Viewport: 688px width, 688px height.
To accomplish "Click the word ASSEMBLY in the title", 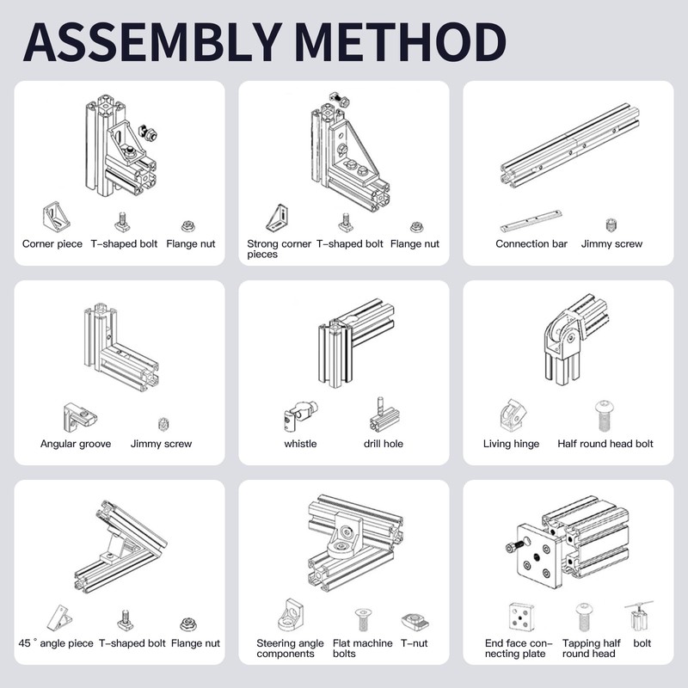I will tap(146, 40).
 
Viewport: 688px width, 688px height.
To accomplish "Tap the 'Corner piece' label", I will tap(52, 244).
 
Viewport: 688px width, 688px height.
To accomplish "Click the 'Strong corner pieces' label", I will tap(279, 249).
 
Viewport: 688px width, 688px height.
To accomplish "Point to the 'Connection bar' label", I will tap(531, 244).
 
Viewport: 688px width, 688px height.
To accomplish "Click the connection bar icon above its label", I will tap(531, 225).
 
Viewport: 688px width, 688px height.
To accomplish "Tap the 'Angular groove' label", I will tap(76, 445).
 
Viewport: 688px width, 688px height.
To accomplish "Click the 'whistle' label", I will tap(300, 445).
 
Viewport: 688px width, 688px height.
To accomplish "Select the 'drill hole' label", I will tap(383, 445).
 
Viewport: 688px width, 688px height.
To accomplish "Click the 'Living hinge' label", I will tap(512, 445).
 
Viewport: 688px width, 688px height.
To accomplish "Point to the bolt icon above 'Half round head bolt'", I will tap(605, 416).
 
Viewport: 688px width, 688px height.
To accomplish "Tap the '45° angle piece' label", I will tap(56, 643).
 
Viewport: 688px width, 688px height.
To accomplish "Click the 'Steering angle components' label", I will tap(291, 648).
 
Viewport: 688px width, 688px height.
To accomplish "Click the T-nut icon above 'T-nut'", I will tap(414, 618).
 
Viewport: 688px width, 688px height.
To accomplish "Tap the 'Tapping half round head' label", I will tap(591, 648).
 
